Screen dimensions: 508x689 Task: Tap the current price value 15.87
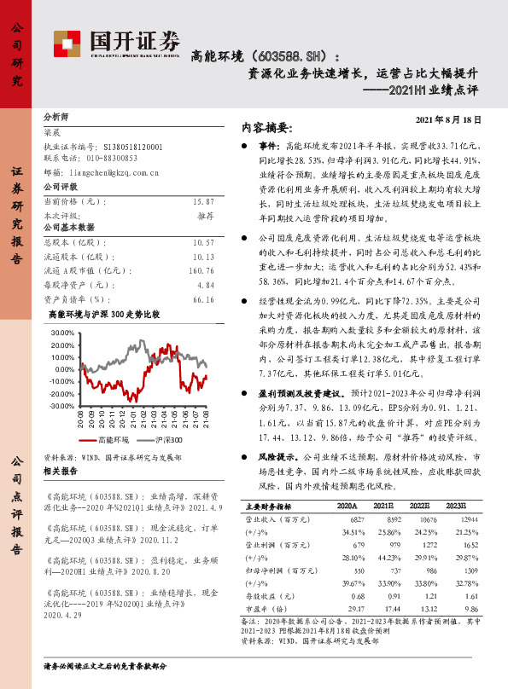point(203,201)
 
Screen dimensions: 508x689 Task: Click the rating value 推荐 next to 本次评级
point(205,216)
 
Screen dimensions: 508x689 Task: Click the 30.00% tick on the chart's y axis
point(62,332)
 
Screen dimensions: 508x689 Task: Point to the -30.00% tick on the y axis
point(61,406)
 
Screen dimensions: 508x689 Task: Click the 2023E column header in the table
point(457,505)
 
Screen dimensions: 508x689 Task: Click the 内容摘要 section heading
point(267,129)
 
